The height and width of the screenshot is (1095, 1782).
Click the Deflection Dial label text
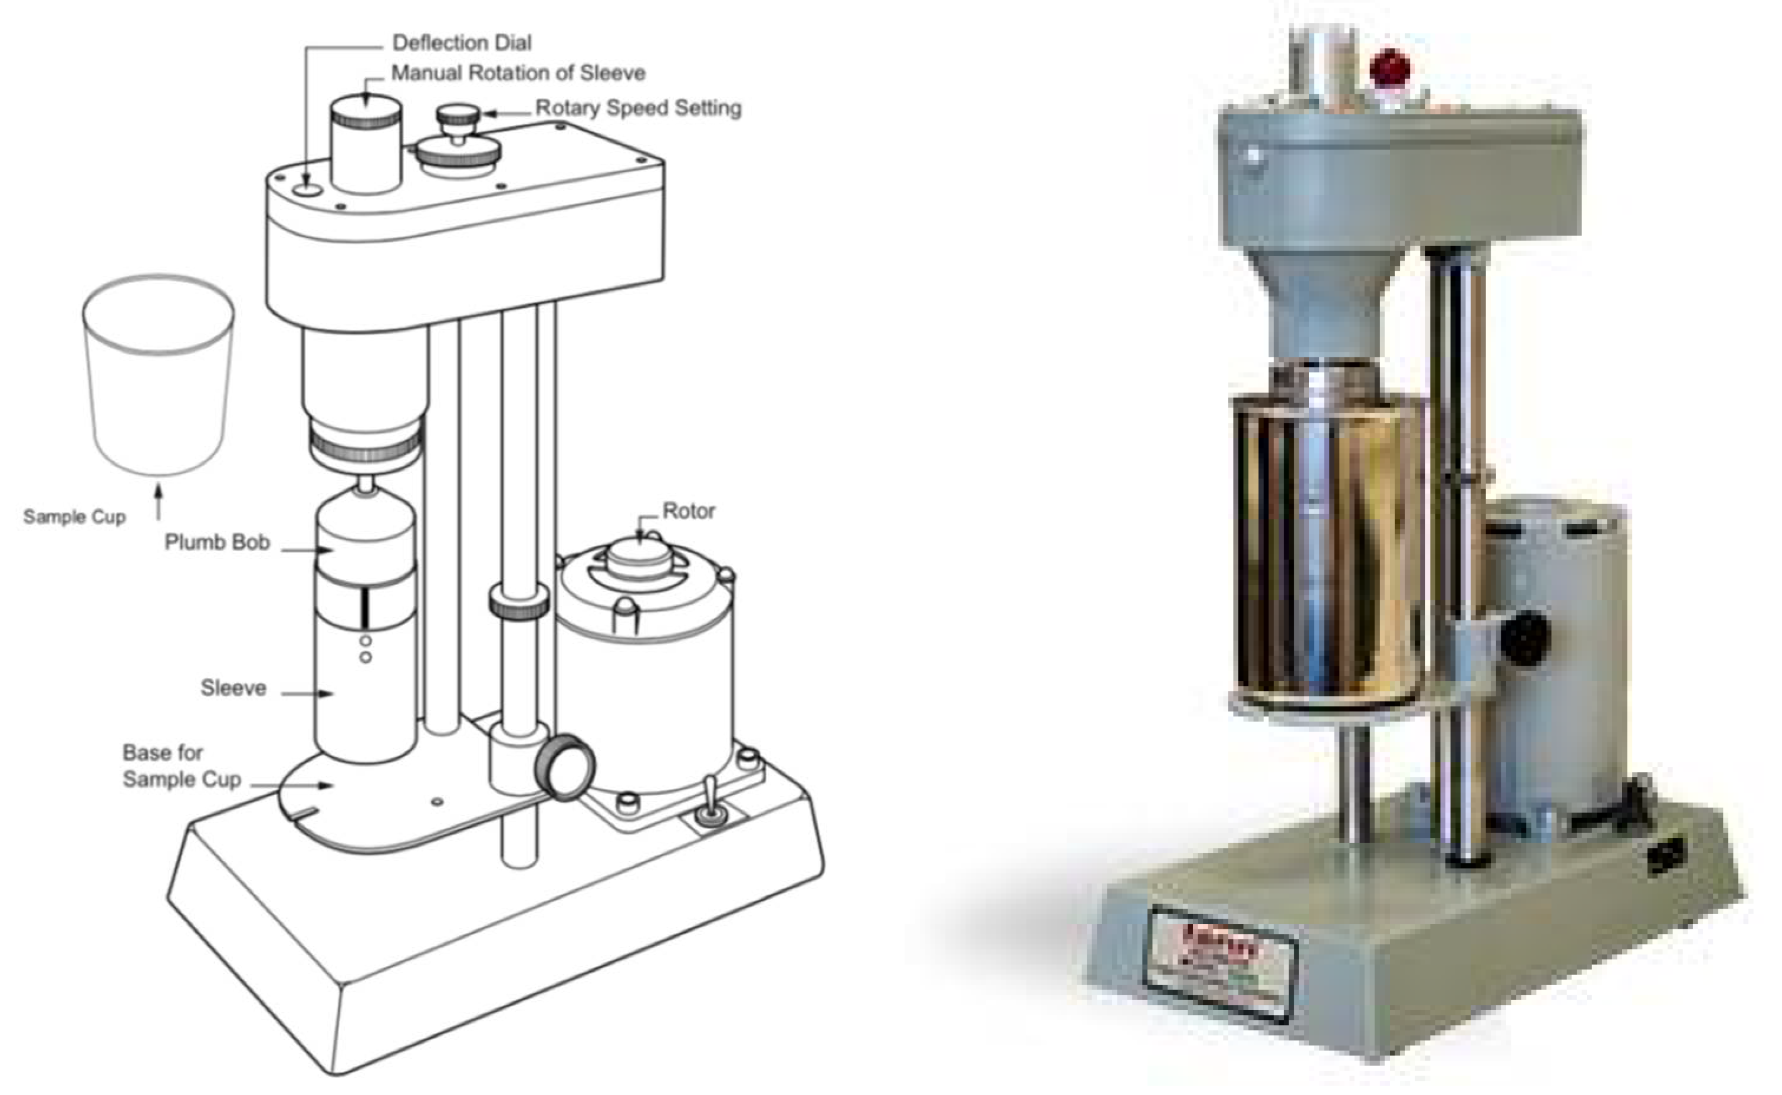[x=461, y=42]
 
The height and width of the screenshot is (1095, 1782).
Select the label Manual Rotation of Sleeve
[x=518, y=73]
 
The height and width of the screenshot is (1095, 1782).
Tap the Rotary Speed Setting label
[x=638, y=108]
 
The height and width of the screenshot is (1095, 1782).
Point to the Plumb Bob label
[x=216, y=542]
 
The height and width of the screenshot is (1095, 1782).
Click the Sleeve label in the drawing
[x=233, y=688]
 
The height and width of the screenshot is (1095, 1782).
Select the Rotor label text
[x=688, y=511]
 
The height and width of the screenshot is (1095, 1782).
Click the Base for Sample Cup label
[x=181, y=766]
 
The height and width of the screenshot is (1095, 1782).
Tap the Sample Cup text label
[x=74, y=517]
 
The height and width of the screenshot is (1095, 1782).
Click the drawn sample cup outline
[x=158, y=377]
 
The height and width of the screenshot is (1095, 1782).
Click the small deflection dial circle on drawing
[x=308, y=190]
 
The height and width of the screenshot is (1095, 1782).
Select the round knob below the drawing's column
[x=565, y=768]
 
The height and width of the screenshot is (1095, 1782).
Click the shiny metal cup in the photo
[x=1329, y=550]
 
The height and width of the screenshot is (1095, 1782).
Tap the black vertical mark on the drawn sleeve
[x=366, y=609]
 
